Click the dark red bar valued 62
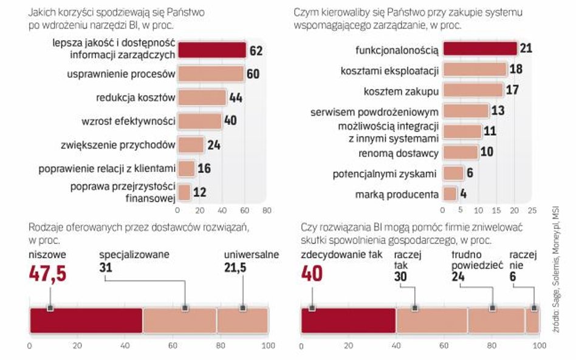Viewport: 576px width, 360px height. tap(211, 50)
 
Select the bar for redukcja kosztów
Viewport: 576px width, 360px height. tap(202, 97)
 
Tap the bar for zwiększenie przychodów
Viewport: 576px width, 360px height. tap(191, 144)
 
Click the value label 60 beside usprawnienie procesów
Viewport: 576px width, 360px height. tap(253, 74)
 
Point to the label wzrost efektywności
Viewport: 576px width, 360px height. tap(128, 121)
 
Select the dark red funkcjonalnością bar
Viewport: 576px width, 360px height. tap(480, 49)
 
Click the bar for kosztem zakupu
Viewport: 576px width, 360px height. tap(473, 90)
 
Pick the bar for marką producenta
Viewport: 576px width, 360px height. tap(450, 194)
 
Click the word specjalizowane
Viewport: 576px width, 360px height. tap(134, 254)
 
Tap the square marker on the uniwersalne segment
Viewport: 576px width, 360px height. tap(242, 308)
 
